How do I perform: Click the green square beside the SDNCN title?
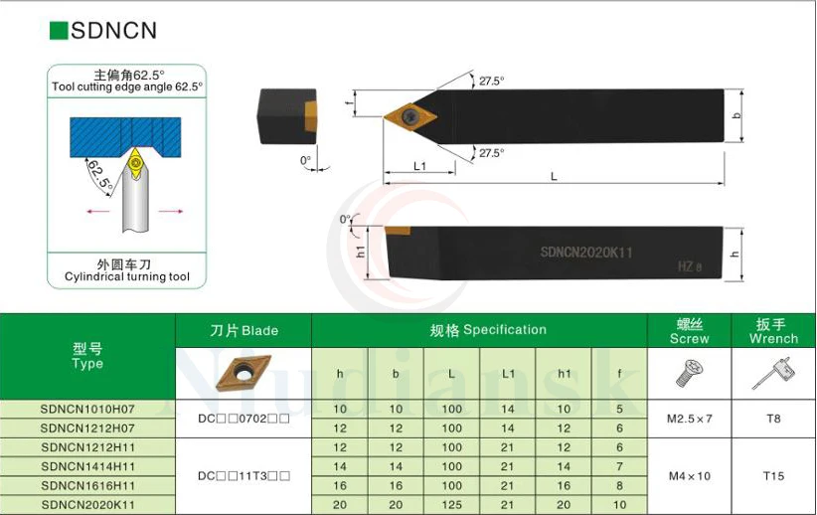[59, 31]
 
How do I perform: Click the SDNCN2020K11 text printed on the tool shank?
[586, 253]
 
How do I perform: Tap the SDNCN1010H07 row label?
[87, 409]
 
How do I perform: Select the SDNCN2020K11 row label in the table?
[87, 505]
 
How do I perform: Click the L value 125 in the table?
[452, 505]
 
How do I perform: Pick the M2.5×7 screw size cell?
[690, 419]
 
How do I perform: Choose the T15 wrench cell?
[773, 476]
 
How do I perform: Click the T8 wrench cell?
[773, 419]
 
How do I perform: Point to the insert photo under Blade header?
[244, 374]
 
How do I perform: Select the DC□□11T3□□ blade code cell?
[244, 476]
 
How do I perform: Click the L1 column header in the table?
[508, 374]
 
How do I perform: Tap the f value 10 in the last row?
[619, 505]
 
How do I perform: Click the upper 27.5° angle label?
[491, 81]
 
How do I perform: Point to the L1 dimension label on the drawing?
[419, 166]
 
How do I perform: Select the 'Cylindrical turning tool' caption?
[126, 276]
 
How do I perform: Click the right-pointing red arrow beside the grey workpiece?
[171, 211]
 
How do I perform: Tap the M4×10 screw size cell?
[690, 476]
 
